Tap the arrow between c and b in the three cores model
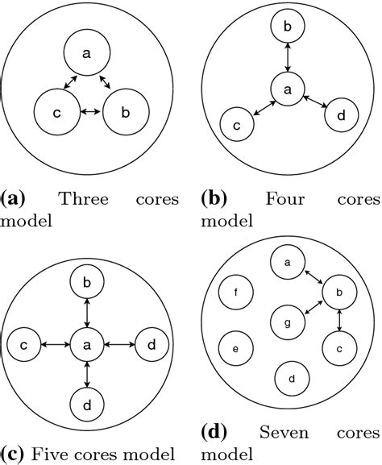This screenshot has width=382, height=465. (87, 110)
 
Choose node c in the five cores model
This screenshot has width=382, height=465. (24, 345)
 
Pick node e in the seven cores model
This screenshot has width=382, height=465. (235, 348)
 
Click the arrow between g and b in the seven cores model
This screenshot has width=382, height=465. (309, 306)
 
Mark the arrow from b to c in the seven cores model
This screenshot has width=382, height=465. (338, 320)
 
